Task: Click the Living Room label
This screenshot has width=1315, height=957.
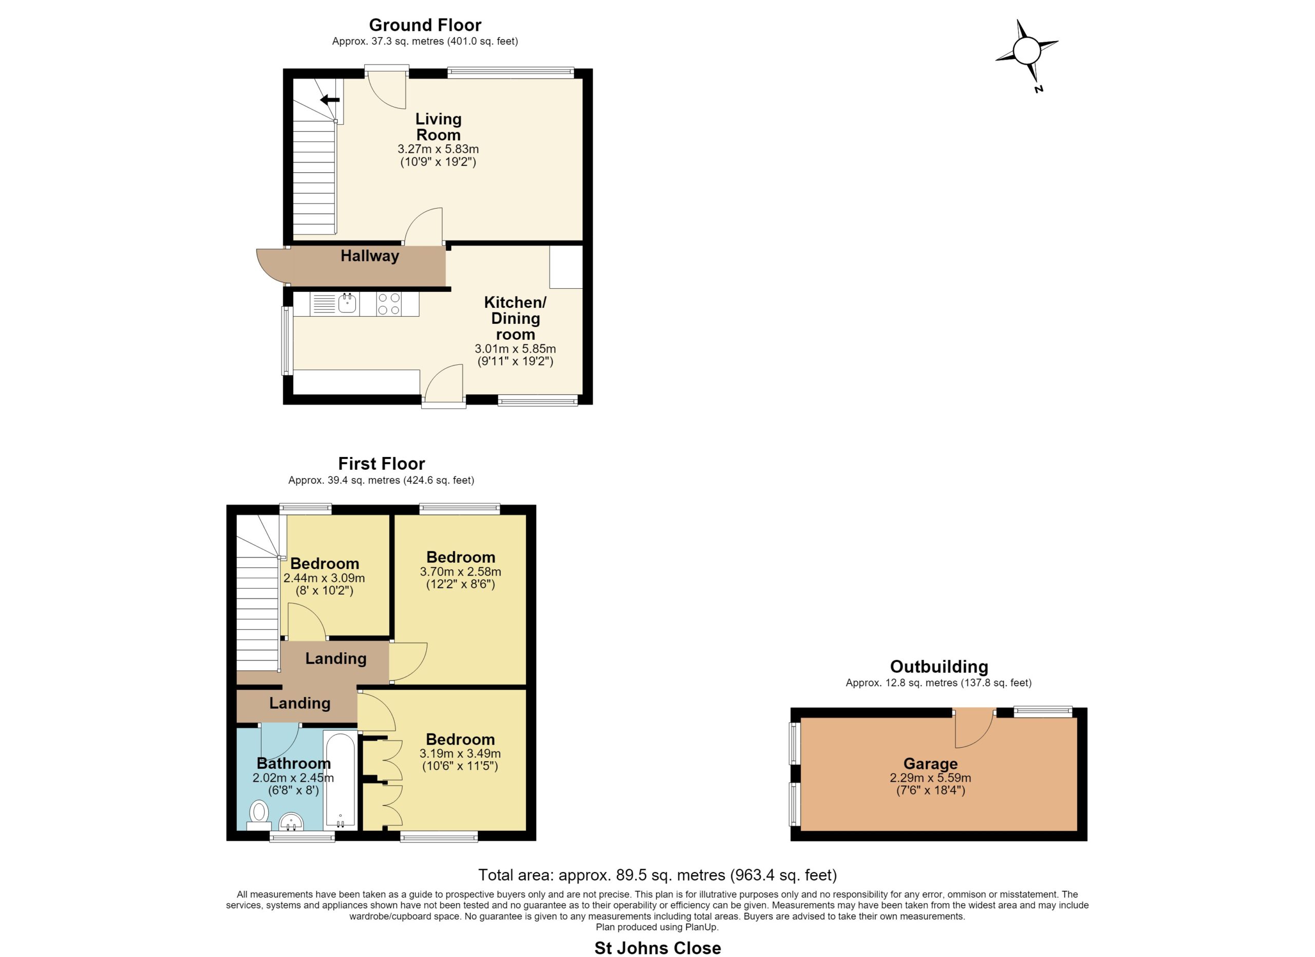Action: point(438,127)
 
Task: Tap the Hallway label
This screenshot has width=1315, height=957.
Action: point(370,256)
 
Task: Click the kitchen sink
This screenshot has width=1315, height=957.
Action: point(347,303)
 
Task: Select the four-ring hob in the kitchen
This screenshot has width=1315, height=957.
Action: point(388,304)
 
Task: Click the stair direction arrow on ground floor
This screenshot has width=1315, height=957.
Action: point(330,100)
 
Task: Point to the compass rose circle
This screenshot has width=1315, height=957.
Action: point(1027,51)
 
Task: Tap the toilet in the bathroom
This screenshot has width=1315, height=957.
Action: point(259,816)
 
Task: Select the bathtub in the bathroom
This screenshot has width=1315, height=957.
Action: point(341,780)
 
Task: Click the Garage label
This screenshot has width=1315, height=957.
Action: point(931,764)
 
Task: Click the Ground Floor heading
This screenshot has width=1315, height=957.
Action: point(425,25)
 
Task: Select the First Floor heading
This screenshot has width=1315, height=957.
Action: point(382,464)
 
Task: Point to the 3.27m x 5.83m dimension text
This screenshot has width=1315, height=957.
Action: point(438,149)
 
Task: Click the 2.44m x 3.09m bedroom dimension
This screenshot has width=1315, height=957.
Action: point(324,578)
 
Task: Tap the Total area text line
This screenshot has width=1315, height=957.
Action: point(657,875)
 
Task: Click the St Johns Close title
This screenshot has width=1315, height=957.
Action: point(657,948)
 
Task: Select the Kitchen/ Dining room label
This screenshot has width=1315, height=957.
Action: point(515,318)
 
